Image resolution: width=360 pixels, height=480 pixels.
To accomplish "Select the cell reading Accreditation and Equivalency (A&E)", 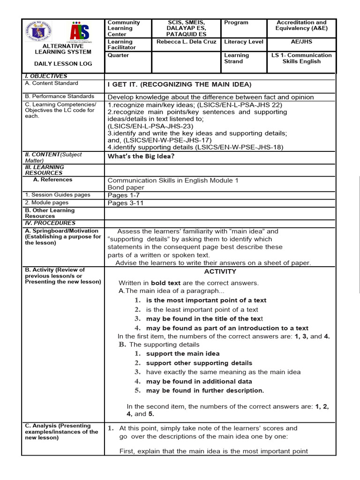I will [301, 25].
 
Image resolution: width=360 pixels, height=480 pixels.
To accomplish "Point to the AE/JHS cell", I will [301, 42].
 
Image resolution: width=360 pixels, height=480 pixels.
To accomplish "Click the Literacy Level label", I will [243, 42].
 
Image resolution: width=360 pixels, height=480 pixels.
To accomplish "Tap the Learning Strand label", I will [237, 58].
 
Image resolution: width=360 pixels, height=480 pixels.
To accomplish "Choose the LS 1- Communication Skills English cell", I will [301, 58].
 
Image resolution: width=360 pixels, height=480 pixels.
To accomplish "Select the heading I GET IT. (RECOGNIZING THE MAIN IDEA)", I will [180, 84].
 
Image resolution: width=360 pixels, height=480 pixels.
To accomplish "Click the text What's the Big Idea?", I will [141, 156].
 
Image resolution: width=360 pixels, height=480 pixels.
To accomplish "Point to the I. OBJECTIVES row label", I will [46, 76].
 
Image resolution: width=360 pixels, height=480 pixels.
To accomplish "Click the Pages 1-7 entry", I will [124, 195].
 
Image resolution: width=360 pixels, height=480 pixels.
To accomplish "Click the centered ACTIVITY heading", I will [220, 271].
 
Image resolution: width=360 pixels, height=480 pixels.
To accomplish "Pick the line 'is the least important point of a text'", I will [202, 309].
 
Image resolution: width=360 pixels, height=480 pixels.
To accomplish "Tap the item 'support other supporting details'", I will [199, 363].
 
